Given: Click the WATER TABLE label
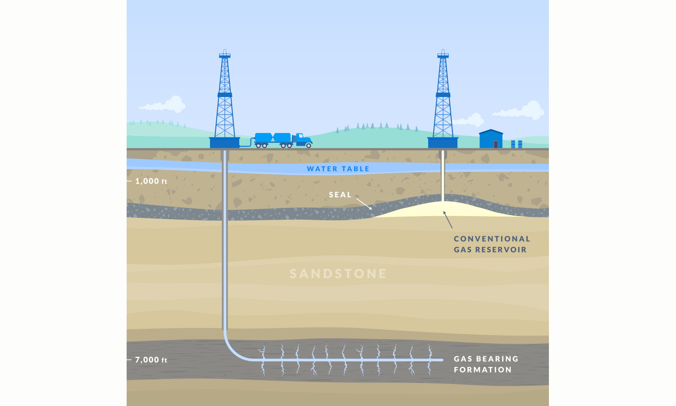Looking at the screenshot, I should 338,169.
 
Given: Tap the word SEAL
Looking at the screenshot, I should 340,195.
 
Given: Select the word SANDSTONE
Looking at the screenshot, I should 338,274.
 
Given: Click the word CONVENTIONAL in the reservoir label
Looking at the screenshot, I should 492,239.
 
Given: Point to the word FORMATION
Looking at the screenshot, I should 483,370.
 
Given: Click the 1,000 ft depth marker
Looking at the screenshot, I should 151,181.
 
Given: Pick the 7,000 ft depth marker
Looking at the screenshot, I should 151,360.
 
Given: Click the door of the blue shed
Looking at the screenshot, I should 496,144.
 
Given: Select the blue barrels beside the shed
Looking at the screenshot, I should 516,144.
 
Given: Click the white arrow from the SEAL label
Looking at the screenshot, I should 364,203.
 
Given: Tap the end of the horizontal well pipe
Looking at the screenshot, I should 442,360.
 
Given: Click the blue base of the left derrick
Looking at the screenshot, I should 224,143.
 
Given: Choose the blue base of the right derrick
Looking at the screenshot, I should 443,143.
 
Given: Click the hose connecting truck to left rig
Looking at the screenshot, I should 246,144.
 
